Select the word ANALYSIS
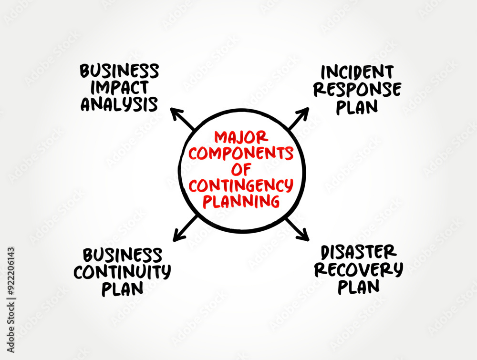[x=119, y=104]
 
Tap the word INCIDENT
[x=357, y=72]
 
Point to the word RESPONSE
[x=357, y=89]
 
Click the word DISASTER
[x=358, y=252]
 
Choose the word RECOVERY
[x=358, y=269]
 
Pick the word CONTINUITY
[x=122, y=272]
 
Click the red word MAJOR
[x=241, y=137]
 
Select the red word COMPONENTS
[x=241, y=153]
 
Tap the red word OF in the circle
[x=241, y=169]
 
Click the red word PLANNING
[x=241, y=201]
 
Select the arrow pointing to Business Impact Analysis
[x=183, y=119]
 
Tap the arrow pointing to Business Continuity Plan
[x=185, y=227]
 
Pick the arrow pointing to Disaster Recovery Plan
[x=297, y=228]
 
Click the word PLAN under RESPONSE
[x=357, y=107]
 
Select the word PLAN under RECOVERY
[x=358, y=287]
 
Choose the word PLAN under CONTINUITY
[x=122, y=289]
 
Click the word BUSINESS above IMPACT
[x=119, y=71]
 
